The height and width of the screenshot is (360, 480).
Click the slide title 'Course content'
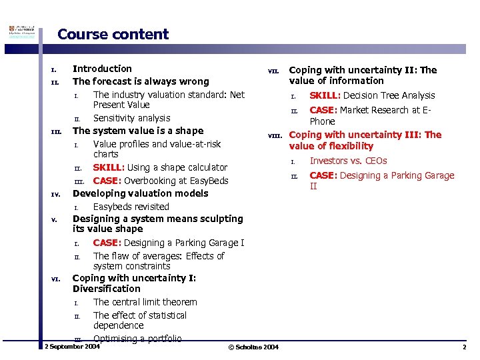pyautogui.click(x=113, y=34)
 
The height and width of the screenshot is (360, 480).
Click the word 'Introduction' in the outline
pyautogui.click(x=102, y=68)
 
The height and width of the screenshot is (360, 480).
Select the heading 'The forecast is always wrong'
pyautogui.click(x=141, y=81)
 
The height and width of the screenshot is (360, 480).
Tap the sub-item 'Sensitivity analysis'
pyautogui.click(x=131, y=118)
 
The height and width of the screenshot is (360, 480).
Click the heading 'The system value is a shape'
pyautogui.click(x=138, y=131)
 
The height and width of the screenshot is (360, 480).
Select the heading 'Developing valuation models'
pyautogui.click(x=140, y=193)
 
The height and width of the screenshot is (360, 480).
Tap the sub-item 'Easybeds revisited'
pyautogui.click(x=131, y=207)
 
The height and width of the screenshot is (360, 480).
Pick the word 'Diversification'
pyautogui.click(x=107, y=289)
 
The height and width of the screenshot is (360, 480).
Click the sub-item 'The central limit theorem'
pyautogui.click(x=145, y=302)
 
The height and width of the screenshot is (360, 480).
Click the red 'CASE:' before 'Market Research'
pyautogui.click(x=324, y=110)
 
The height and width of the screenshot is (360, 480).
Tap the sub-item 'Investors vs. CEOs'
pyautogui.click(x=348, y=161)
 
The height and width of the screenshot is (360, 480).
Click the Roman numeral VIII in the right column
pyautogui.click(x=275, y=136)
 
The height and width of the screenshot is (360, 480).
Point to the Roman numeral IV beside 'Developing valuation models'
pyautogui.click(x=56, y=195)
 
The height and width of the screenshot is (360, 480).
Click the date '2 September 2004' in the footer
pyautogui.click(x=71, y=347)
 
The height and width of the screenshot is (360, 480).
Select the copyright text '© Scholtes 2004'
pyautogui.click(x=253, y=347)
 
